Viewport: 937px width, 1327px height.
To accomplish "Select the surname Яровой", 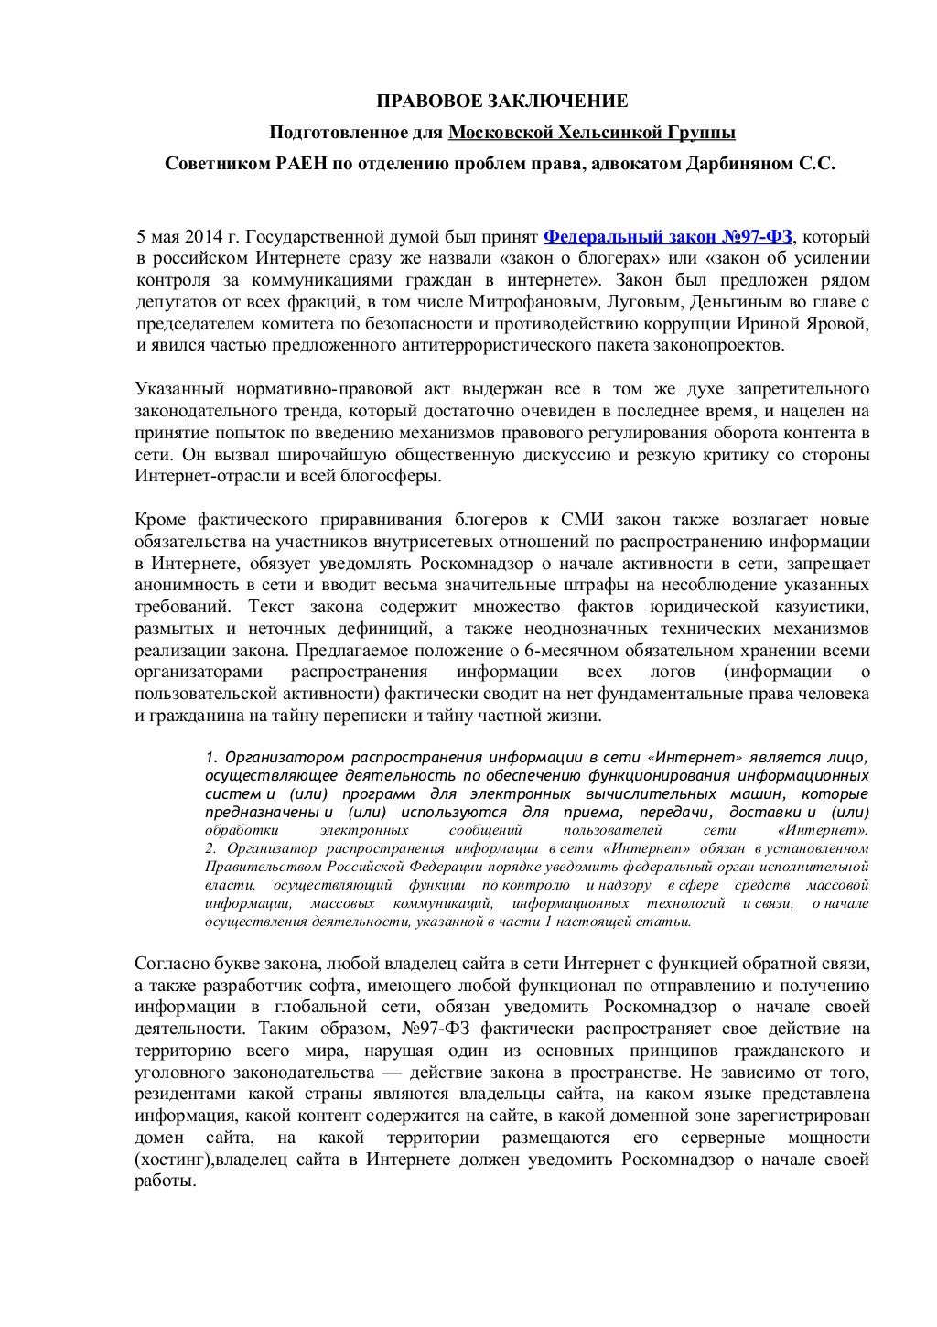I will (835, 324).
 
